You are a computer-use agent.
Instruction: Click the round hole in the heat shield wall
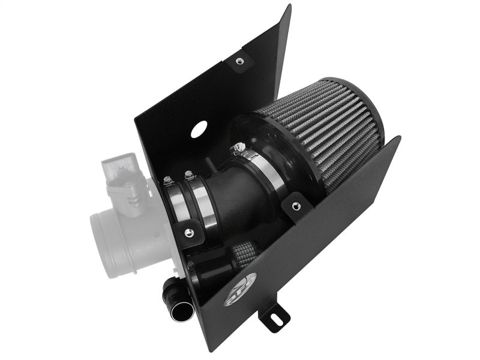point(199,128)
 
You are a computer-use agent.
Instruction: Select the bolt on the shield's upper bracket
point(239,61)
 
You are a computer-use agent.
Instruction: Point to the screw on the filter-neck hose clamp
point(241,147)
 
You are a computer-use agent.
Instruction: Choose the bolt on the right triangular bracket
point(295,206)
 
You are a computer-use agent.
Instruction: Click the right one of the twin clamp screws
point(190,175)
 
